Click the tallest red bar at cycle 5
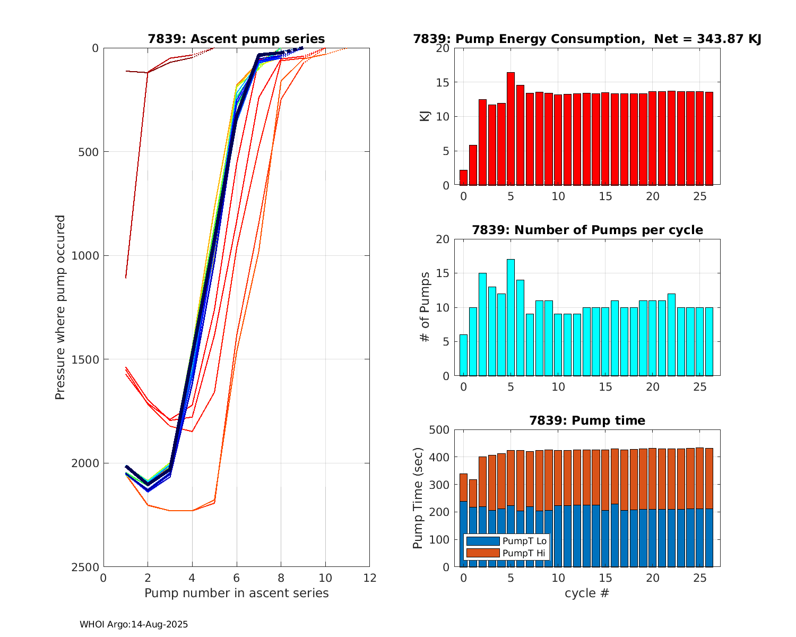click(x=511, y=129)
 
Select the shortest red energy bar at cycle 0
click(x=463, y=178)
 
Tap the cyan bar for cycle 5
click(x=511, y=317)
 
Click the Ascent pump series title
click(x=236, y=39)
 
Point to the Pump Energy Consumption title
click(x=587, y=39)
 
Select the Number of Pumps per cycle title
click(x=587, y=230)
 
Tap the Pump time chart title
click(x=587, y=420)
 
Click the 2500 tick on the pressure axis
click(x=87, y=567)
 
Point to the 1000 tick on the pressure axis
click(x=87, y=255)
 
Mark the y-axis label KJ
click(x=425, y=116)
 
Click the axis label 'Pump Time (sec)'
click(x=419, y=498)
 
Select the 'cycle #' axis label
click(x=587, y=593)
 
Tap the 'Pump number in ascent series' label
click(x=236, y=593)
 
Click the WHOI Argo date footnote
click(x=134, y=625)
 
